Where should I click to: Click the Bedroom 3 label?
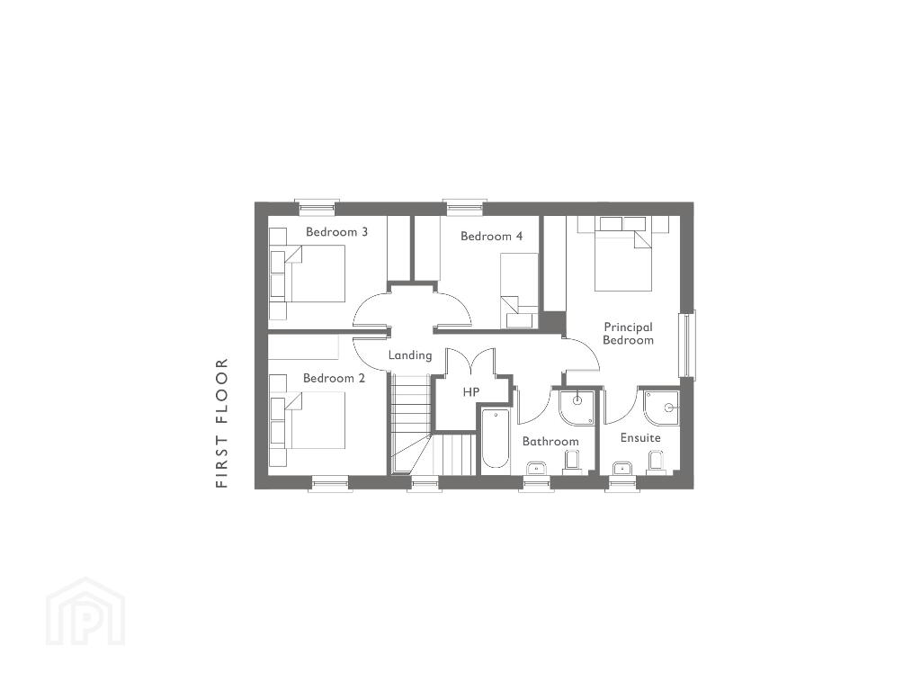[x=336, y=232]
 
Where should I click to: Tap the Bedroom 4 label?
[x=491, y=237]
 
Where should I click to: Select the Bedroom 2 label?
[x=334, y=379]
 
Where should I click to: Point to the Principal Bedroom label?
[x=628, y=334]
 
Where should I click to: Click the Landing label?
[x=410, y=355]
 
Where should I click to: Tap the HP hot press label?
[x=471, y=392]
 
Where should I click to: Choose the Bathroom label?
[x=550, y=441]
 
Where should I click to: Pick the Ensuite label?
[x=640, y=438]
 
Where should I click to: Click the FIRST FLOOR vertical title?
[x=221, y=423]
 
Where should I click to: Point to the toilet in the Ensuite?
[x=657, y=462]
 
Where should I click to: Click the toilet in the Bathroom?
[x=571, y=462]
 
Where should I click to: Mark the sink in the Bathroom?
[x=536, y=468]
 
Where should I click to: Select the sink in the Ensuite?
[x=621, y=468]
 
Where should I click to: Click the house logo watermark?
[x=85, y=611]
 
